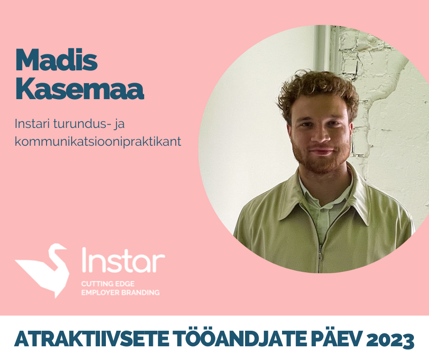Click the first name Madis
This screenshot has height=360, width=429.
coord(56,60)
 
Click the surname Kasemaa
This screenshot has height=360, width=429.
coord(79,89)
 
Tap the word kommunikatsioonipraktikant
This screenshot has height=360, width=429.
coord(98,142)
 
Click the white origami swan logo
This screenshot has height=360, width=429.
coord(42,270)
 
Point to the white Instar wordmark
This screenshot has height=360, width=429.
coord(123,260)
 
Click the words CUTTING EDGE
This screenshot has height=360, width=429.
coord(108,284)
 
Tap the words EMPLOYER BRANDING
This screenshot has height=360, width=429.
coord(120,292)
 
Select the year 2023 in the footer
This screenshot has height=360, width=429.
coord(390,339)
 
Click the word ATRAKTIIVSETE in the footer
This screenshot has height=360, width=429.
coord(92,339)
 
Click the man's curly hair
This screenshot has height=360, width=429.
coord(317,88)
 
